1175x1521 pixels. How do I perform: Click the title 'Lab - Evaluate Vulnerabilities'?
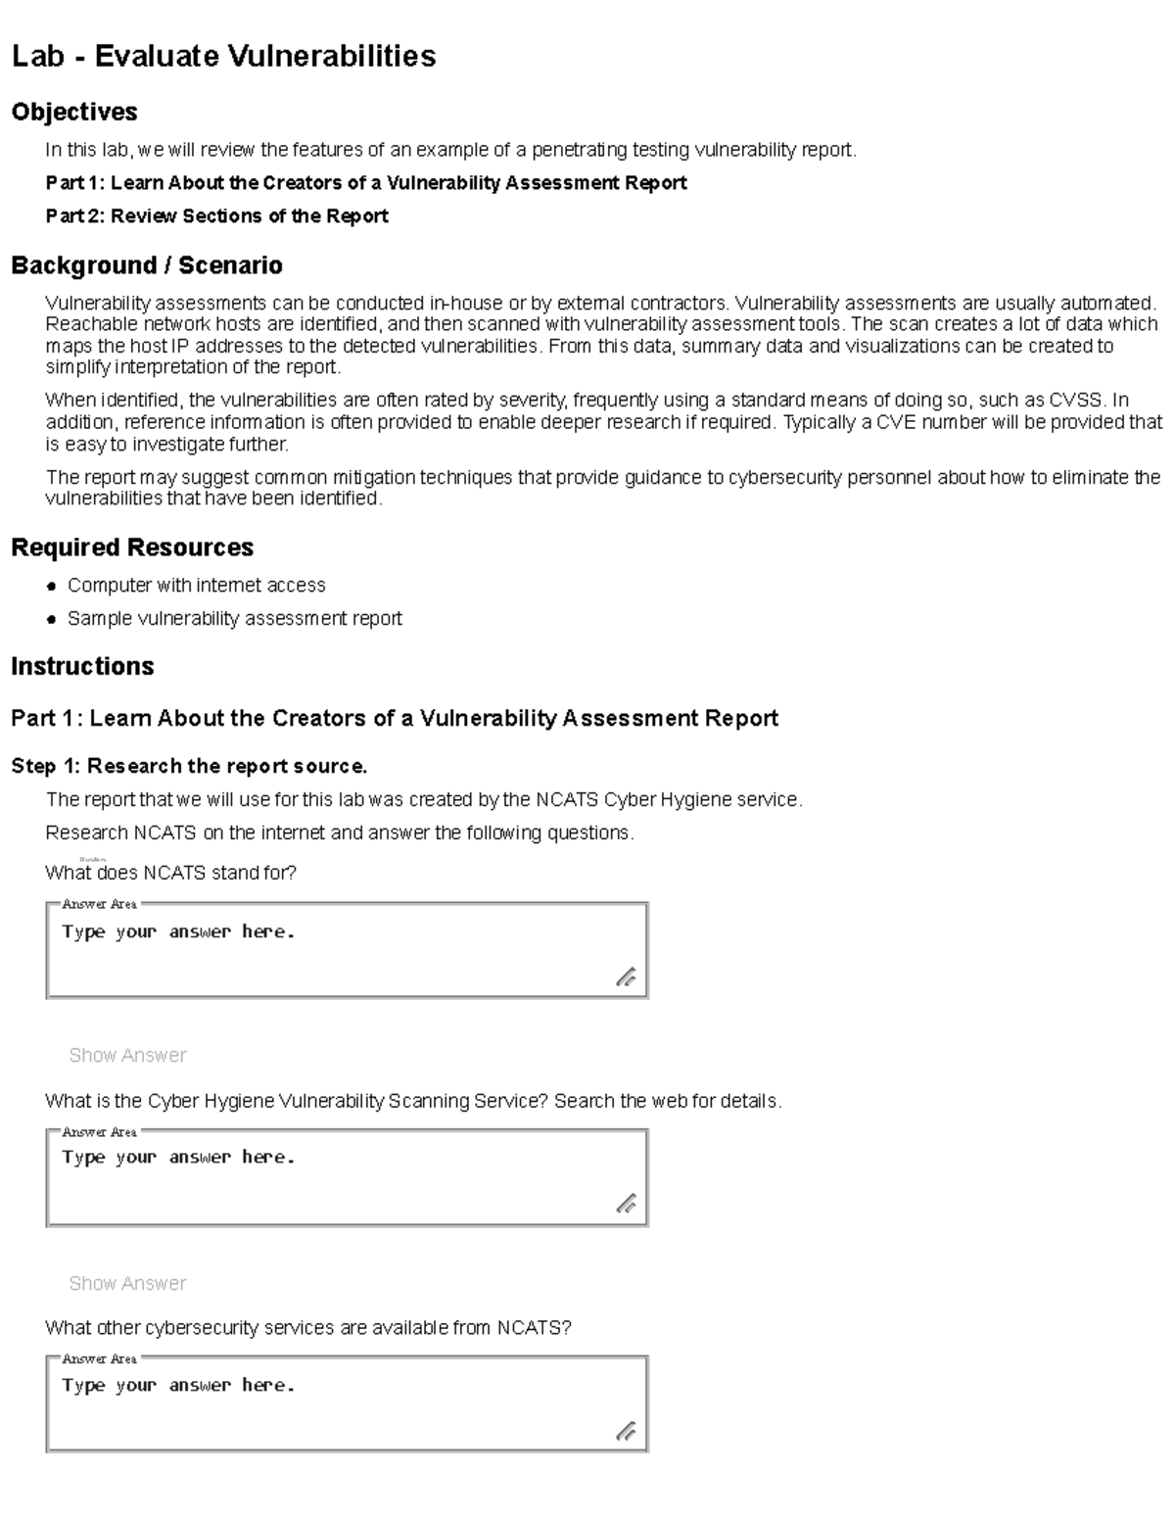pos(223,56)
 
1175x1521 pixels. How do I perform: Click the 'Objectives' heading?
pos(74,112)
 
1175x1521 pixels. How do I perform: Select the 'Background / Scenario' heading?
pos(147,265)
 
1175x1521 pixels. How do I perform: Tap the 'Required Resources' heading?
pos(132,547)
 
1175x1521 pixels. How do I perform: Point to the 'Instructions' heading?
pos(82,666)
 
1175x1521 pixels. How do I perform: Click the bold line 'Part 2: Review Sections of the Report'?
pos(216,215)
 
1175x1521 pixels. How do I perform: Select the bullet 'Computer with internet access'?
pos(196,585)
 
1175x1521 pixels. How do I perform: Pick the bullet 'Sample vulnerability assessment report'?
pos(234,618)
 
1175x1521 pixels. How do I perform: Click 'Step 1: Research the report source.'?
pos(189,766)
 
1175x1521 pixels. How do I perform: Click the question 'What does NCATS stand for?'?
pos(170,873)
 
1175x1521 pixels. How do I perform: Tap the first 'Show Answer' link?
pos(127,1055)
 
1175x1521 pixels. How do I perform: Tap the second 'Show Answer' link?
pos(127,1283)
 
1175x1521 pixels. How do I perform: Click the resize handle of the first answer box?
pos(626,976)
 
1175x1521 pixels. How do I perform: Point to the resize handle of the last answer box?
pos(626,1431)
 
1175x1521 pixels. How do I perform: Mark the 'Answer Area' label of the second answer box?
pos(99,1131)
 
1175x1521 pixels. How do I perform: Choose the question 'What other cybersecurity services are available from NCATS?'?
pos(307,1328)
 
